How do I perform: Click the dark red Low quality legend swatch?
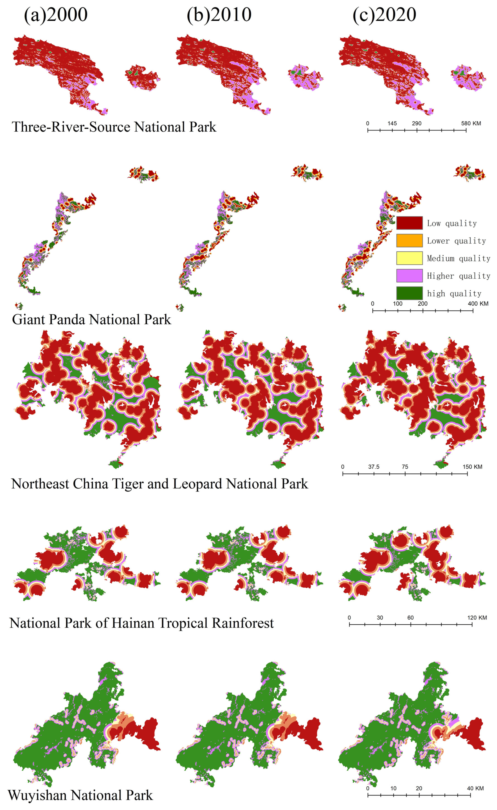pos(409,223)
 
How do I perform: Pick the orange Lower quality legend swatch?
pos(409,240)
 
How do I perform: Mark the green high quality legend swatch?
pos(409,293)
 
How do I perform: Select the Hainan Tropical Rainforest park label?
pos(142,623)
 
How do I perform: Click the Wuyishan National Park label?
pos(80,795)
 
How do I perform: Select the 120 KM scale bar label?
pos(477,618)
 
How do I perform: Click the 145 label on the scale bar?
pos(392,124)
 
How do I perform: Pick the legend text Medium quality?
pos(458,258)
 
